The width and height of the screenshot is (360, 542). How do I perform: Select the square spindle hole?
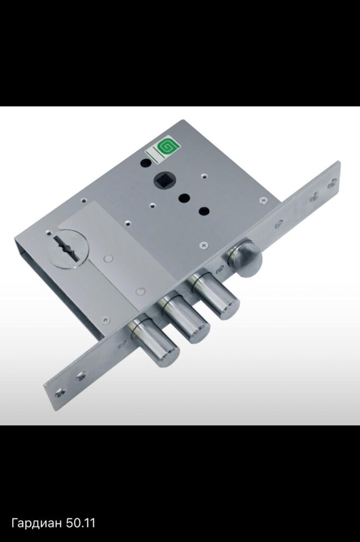tap(161, 179)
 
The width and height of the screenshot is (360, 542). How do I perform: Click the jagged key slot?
tap(68, 248)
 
